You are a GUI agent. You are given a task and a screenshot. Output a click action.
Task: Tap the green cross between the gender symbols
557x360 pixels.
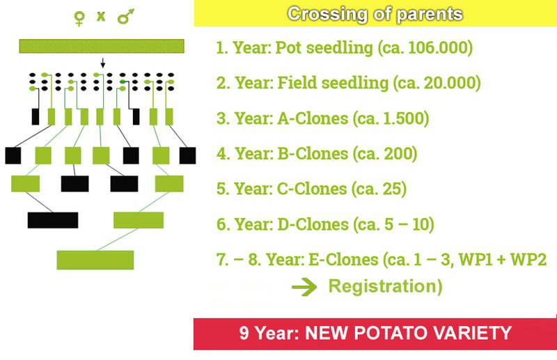pos(101,16)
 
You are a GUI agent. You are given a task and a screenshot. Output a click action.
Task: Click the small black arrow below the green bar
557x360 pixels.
pos(102,63)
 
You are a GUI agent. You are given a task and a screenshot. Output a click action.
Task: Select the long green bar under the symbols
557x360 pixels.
pos(102,46)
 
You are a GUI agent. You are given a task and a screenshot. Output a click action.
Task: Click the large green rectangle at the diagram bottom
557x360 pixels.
pos(95,260)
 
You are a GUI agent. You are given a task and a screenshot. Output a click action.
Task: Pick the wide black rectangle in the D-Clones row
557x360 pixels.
pos(53,220)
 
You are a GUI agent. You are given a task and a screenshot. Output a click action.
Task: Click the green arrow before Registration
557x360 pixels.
pos(304,286)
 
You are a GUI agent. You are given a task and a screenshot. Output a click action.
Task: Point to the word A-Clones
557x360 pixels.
pos(313,118)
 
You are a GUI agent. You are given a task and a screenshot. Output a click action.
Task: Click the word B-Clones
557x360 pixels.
pos(313,153)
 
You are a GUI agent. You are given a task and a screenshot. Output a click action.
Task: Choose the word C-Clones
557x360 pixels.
pos(312,189)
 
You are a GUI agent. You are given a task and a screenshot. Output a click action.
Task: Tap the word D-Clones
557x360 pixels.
pos(313,224)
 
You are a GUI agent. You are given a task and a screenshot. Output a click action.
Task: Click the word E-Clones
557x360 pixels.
pos(343,260)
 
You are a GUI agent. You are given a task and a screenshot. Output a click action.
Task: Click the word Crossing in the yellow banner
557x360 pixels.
pos(327,15)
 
